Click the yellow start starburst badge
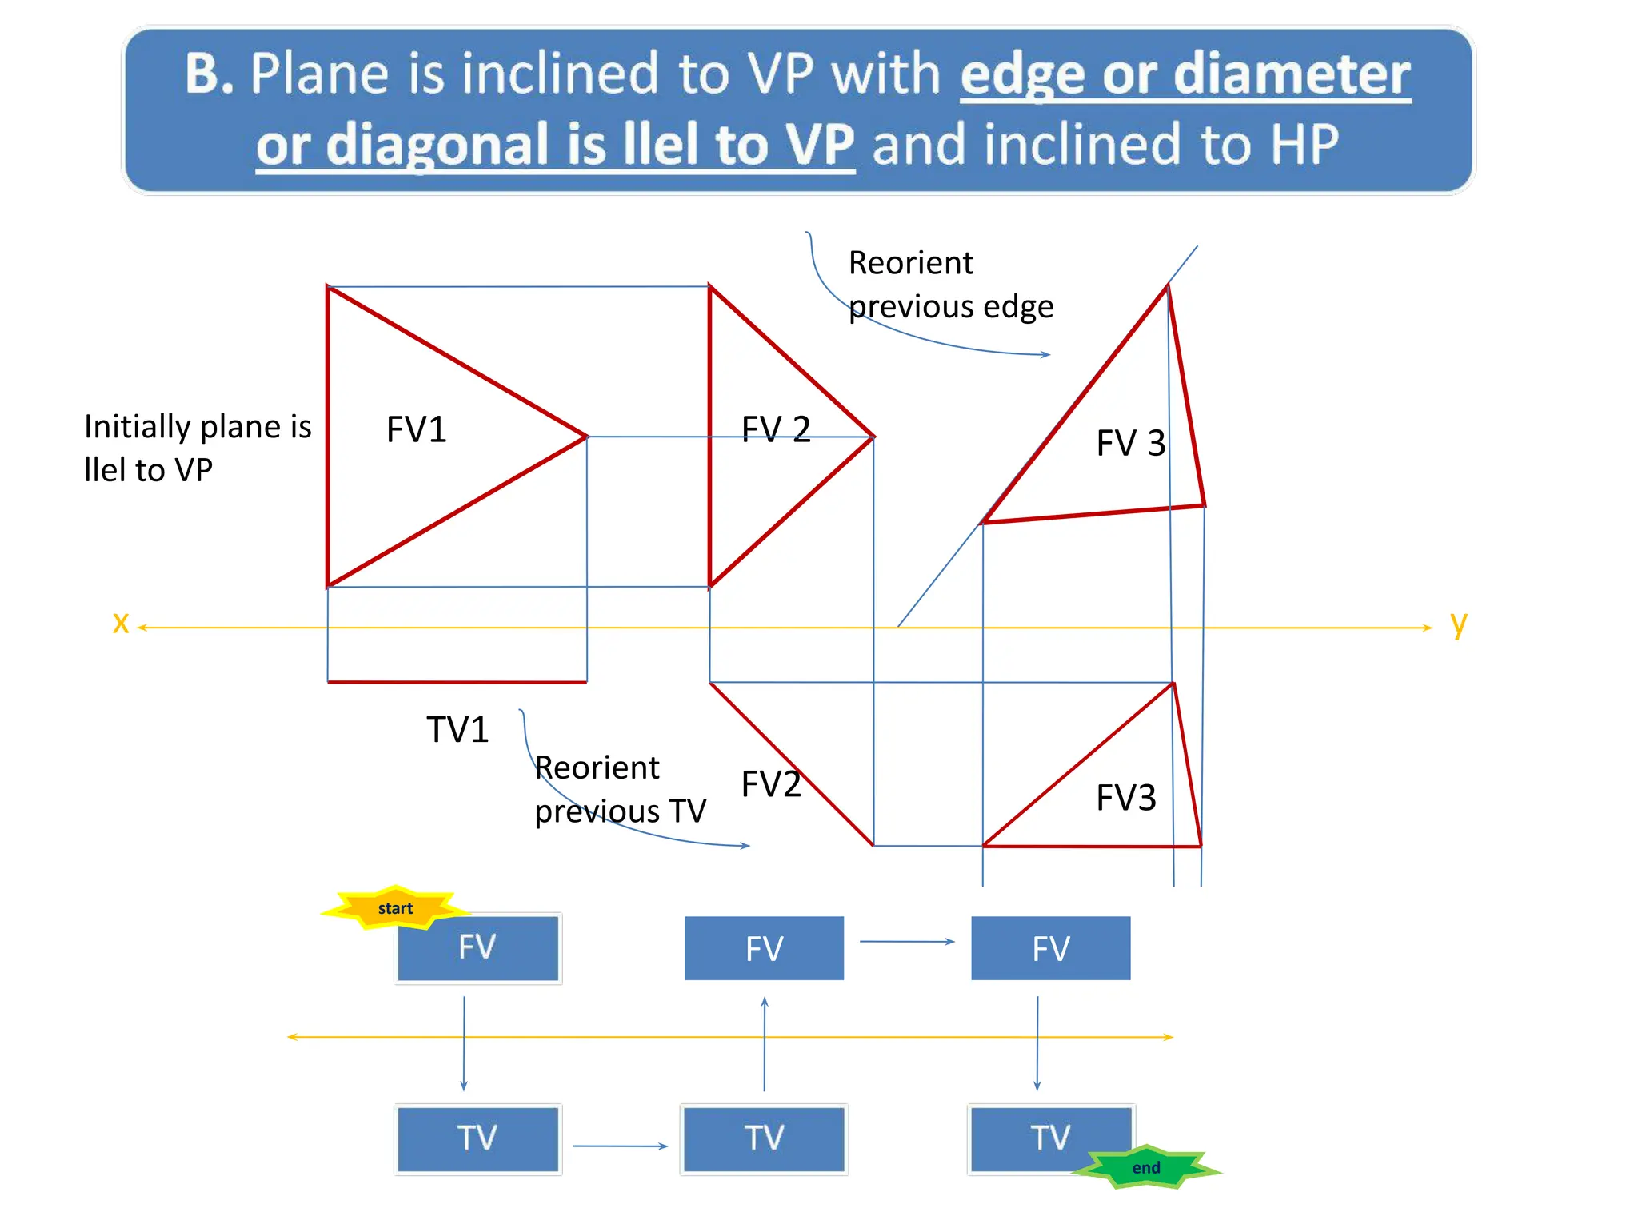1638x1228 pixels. coord(394,908)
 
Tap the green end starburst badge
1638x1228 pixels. coord(1145,1167)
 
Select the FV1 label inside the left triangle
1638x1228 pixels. coord(416,429)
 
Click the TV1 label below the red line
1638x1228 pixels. coord(457,729)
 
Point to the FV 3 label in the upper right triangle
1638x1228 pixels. coord(1130,443)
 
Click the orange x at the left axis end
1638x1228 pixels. coord(121,622)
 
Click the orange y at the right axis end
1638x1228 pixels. coord(1459,623)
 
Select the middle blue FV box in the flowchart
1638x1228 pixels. coord(764,948)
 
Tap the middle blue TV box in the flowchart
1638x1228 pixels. coord(764,1138)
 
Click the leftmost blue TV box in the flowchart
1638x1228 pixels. coord(477,1138)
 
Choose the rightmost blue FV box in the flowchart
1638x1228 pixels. coord(1050,948)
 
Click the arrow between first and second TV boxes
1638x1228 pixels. coord(620,1146)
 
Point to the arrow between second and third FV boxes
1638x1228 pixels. coord(907,942)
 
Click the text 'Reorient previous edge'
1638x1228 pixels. coord(950,285)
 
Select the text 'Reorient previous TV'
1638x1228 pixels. coord(620,789)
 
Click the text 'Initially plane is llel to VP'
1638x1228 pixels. coord(197,448)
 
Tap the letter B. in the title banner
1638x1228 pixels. coord(210,74)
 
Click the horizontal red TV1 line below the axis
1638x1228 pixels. coord(457,682)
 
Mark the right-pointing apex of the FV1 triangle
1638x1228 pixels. coord(586,437)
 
